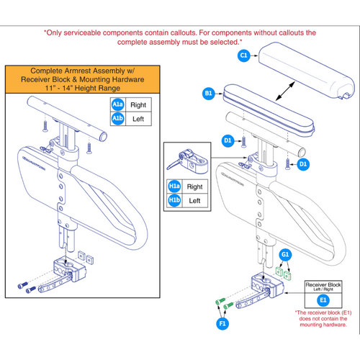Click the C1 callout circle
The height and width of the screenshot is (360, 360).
click(x=243, y=55)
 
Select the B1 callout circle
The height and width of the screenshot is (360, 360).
click(x=210, y=94)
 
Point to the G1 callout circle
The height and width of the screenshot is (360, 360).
click(x=285, y=254)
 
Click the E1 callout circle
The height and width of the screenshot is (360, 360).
click(x=323, y=300)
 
